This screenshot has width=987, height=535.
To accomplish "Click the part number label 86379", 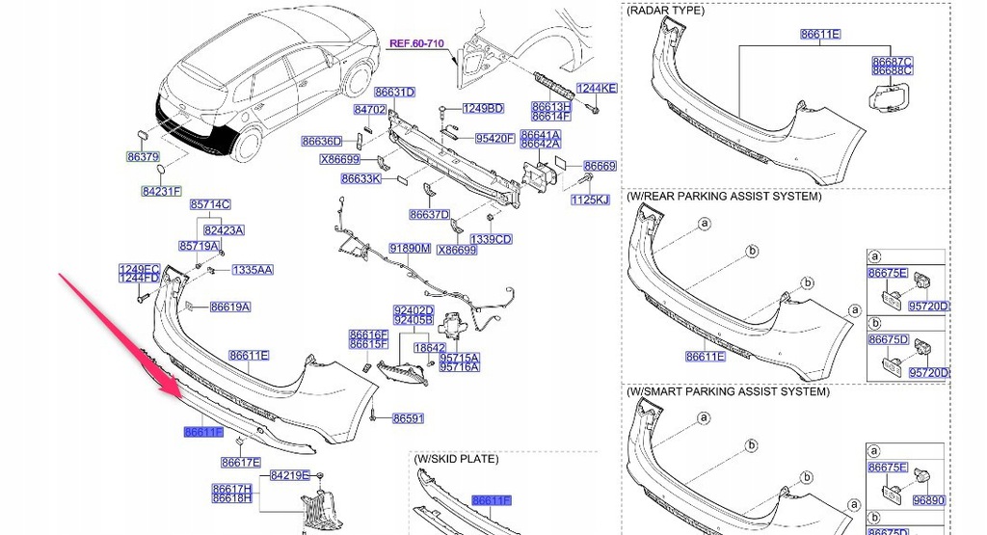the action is [143, 157].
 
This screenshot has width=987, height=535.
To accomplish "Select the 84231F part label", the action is [162, 191].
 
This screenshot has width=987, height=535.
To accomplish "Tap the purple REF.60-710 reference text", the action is [416, 43].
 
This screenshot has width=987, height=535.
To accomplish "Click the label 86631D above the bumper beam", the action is [394, 92].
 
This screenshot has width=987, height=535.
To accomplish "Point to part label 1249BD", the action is [484, 108].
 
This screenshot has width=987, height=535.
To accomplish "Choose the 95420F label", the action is [494, 139].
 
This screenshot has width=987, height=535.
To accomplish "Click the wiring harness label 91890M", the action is [410, 249].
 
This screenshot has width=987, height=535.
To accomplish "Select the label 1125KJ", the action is [591, 201].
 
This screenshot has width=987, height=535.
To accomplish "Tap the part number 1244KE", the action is [597, 88].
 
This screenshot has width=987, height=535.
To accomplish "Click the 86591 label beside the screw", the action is [409, 418].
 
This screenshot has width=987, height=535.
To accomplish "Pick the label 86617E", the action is [240, 463].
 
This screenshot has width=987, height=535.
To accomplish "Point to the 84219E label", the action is [290, 475].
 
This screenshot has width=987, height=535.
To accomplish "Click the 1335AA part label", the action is [253, 270].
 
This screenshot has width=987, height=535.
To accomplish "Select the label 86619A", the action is [230, 308].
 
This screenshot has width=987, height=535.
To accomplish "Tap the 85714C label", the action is [210, 204].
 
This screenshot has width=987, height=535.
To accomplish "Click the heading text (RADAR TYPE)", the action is [665, 11].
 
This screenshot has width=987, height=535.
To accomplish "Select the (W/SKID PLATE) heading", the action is [456, 459].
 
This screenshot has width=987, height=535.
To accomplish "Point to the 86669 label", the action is [600, 166].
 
